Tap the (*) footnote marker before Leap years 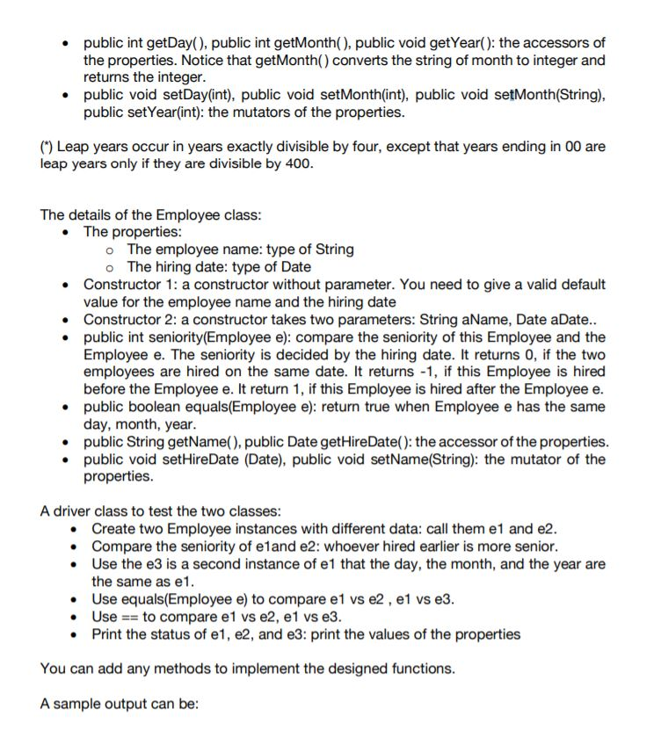tap(47, 147)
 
